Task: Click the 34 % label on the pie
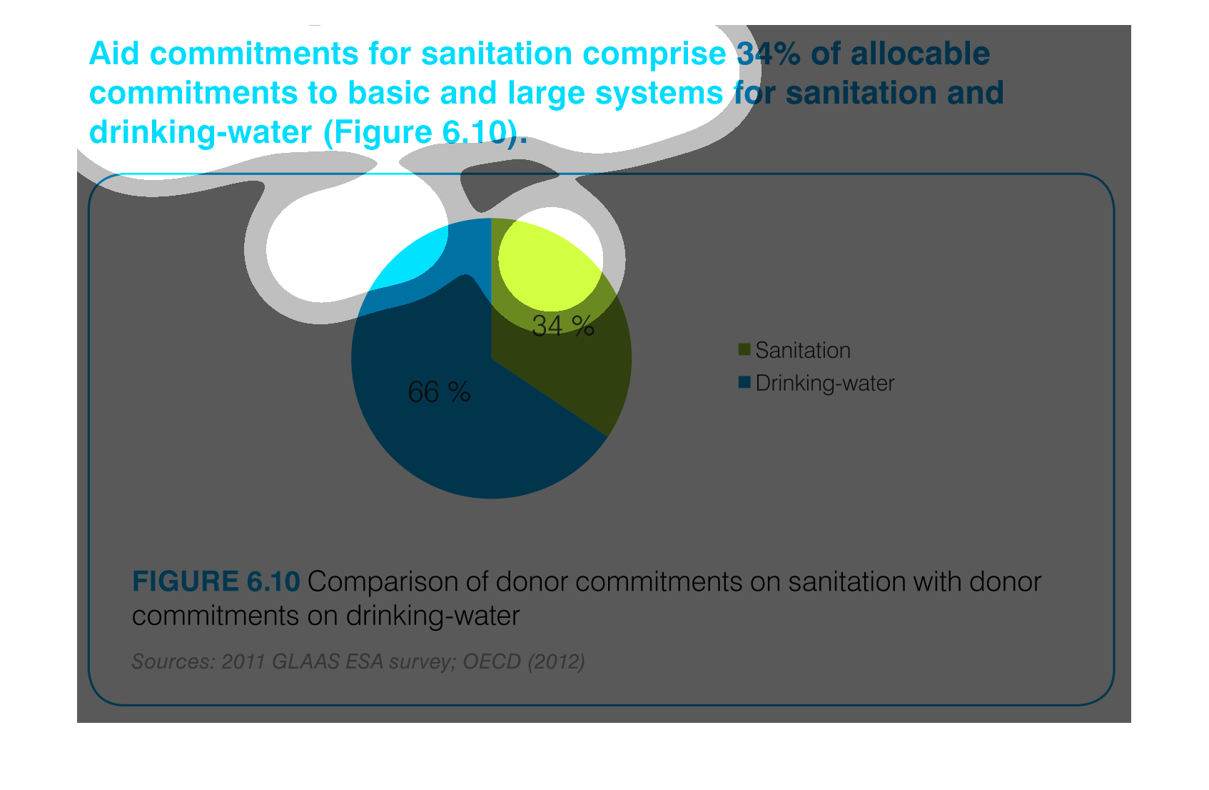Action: click(x=563, y=326)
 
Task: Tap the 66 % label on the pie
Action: click(x=440, y=391)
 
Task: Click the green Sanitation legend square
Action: click(x=744, y=349)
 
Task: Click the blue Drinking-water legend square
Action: click(x=744, y=383)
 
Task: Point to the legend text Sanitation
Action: click(x=803, y=350)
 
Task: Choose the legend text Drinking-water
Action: click(x=825, y=384)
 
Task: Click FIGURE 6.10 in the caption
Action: click(x=216, y=582)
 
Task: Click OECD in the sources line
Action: click(x=492, y=661)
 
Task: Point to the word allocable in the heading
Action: click(x=920, y=54)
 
